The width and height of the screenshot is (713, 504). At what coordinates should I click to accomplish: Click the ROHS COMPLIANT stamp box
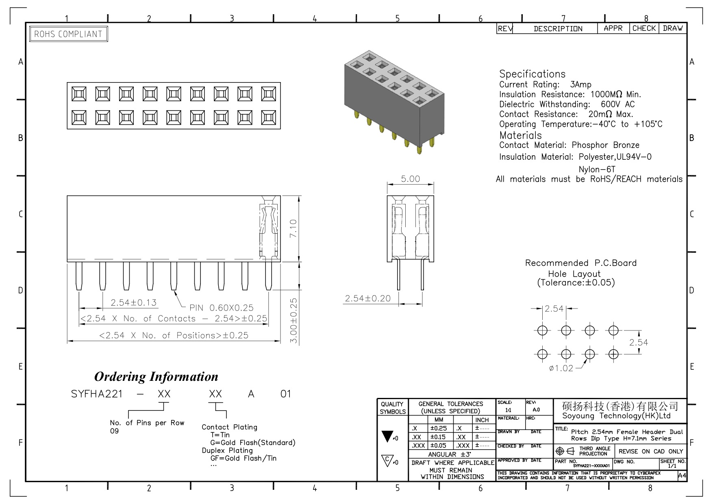pos(69,34)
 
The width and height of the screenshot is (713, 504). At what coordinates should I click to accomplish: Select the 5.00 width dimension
pos(410,179)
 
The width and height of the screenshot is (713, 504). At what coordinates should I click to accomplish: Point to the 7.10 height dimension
pos(293,229)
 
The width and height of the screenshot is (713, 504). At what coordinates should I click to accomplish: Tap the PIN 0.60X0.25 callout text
pos(221,308)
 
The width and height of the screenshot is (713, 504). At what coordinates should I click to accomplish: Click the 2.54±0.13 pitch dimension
pos(134,302)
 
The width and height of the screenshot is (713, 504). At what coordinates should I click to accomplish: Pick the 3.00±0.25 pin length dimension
pos(293,321)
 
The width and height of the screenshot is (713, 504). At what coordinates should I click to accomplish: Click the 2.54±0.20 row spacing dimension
pos(367,298)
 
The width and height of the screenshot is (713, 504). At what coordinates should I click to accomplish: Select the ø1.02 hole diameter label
pos(561,368)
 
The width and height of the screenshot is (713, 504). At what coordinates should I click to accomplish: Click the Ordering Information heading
pos(156,376)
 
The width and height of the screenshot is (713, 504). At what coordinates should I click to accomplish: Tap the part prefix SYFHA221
pos(97,394)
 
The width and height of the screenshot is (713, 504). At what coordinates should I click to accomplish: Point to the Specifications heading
pos(532,74)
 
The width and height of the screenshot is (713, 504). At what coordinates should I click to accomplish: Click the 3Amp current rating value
pos(581,85)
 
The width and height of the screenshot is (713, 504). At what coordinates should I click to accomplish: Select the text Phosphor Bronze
pos(605,145)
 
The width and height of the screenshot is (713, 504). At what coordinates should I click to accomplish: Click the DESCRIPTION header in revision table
pos(558,29)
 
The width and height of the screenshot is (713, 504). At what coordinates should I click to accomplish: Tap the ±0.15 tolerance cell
pos(439,437)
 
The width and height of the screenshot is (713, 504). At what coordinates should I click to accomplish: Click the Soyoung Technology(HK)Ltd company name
pos(616,416)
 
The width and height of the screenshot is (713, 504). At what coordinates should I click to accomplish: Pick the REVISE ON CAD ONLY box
pos(650,451)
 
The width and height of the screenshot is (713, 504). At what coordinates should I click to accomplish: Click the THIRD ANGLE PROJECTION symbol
pos(565,451)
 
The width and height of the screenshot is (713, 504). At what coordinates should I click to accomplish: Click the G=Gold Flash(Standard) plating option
pos(253,443)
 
